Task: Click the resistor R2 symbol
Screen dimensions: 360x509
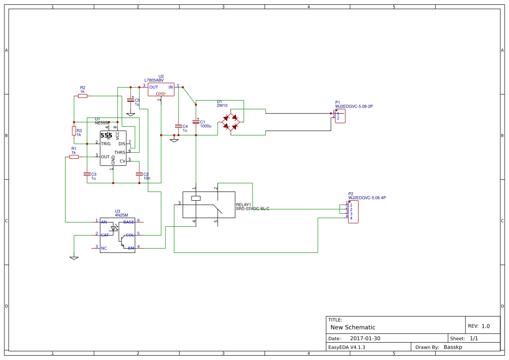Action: [83, 96]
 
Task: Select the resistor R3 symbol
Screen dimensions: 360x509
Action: [74, 131]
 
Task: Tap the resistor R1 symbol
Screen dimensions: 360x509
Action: [74, 157]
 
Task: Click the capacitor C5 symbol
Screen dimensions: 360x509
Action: [130, 100]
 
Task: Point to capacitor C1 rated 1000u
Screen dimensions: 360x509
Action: [196, 122]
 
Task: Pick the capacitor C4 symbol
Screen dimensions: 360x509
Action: [178, 126]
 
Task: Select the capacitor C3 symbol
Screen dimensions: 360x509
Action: [87, 174]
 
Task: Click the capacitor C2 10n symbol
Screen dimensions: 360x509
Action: [139, 174]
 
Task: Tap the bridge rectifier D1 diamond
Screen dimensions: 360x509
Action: [230, 122]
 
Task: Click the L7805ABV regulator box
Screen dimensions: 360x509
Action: [161, 90]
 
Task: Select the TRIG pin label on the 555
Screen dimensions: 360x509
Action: [106, 144]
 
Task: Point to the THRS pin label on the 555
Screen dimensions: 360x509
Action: [119, 153]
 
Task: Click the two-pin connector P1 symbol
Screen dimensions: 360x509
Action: [340, 116]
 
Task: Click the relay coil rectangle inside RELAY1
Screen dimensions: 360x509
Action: [196, 199]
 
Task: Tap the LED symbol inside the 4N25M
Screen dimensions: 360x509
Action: [114, 228]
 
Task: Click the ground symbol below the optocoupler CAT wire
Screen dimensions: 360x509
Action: [74, 258]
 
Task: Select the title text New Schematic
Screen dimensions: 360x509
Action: [353, 327]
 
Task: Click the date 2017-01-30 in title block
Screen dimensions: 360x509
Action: [365, 338]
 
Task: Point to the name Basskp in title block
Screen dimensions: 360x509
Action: [452, 347]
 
